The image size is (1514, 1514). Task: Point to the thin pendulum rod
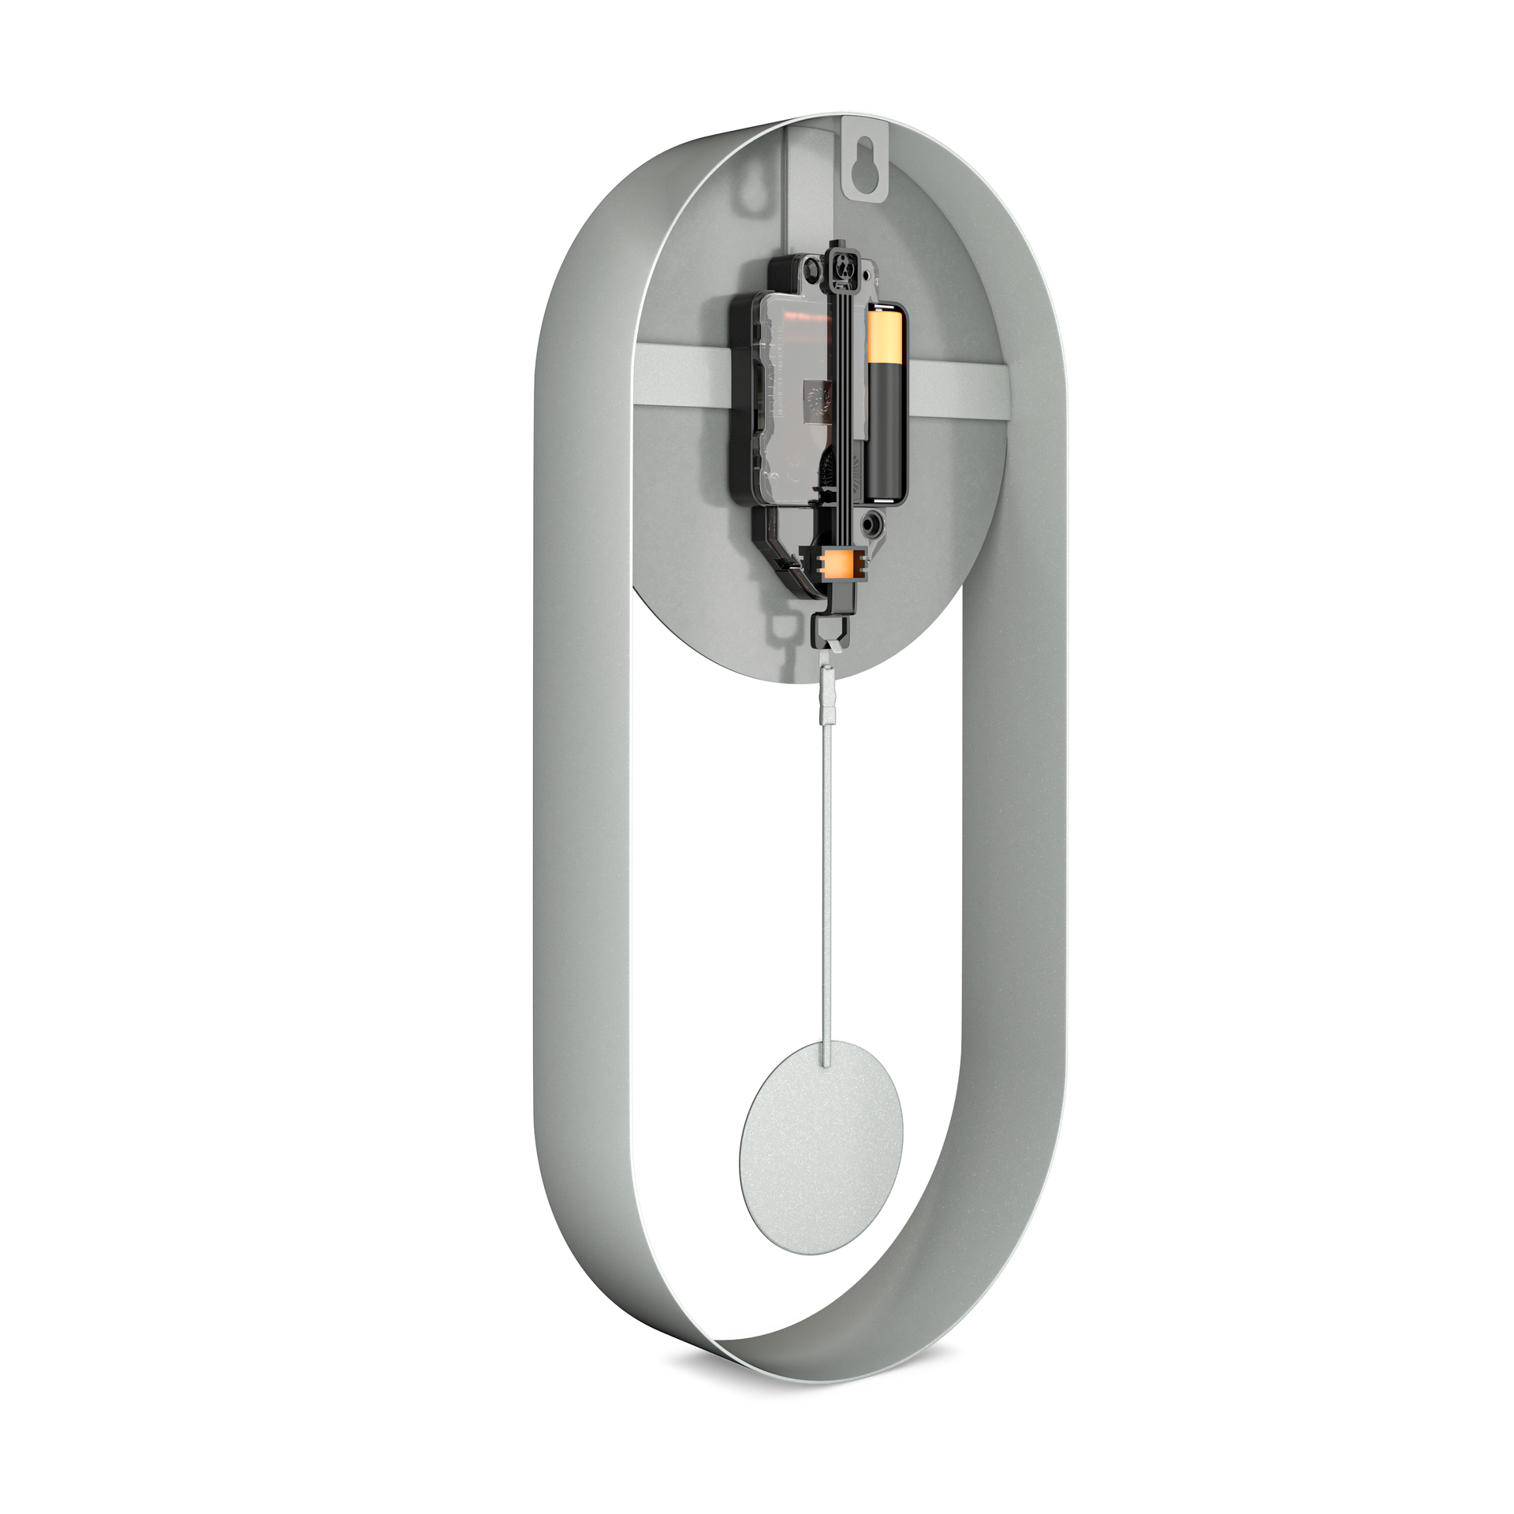tap(826, 867)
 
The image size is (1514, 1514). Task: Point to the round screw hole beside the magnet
tap(871, 522)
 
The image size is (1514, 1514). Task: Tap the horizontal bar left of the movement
tap(682, 367)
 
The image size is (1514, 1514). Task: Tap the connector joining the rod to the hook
tap(828, 695)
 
